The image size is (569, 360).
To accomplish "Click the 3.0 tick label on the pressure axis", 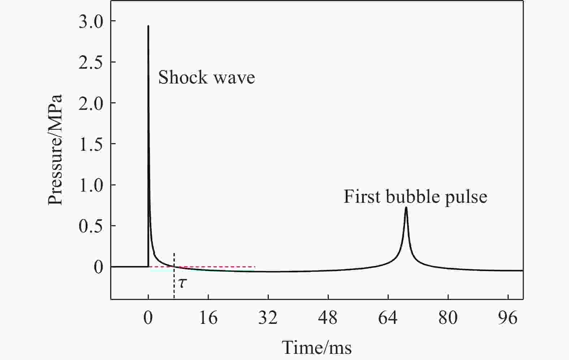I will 91,21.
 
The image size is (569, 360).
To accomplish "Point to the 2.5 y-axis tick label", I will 91,62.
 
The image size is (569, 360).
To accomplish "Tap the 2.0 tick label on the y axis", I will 91,103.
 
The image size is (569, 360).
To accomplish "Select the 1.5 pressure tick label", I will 91,144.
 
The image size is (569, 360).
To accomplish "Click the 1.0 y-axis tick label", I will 91,185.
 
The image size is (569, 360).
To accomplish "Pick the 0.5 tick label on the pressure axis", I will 91,226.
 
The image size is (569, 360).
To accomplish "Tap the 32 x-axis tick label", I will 268,318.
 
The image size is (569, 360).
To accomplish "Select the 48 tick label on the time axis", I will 328,318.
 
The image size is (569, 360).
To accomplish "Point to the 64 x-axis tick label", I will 388,318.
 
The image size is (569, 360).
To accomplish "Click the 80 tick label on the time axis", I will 448,318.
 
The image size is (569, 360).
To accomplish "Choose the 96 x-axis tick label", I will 508,318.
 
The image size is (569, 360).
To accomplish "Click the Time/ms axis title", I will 317,348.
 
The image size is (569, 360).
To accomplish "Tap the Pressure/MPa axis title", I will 56,150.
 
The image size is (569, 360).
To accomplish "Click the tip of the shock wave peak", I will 148,26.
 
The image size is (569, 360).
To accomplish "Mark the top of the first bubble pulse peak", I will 406,207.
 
